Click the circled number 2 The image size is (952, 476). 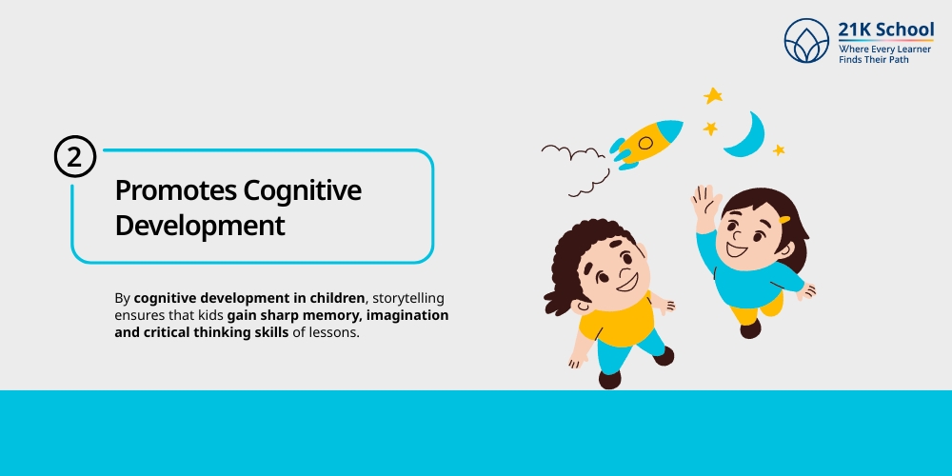tap(75, 157)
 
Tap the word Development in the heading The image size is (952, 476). tap(199, 226)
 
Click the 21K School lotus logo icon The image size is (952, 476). tap(806, 41)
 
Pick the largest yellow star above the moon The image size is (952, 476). tap(713, 95)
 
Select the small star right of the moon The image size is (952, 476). tap(779, 149)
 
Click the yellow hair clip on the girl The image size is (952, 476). tap(784, 220)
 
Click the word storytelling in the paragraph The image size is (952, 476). tap(407, 298)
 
